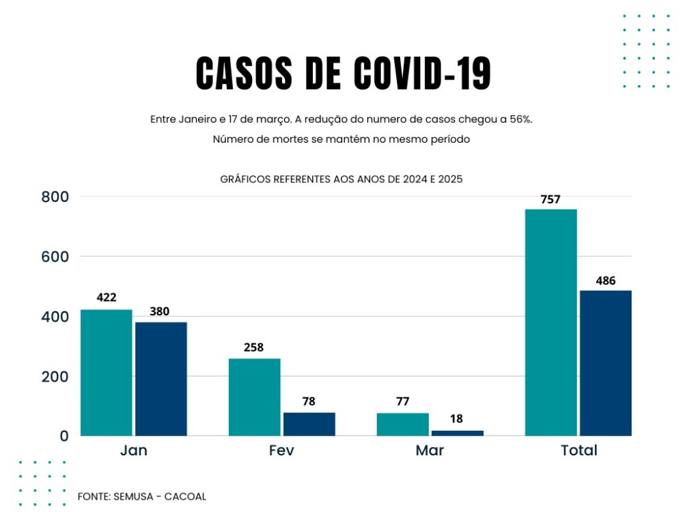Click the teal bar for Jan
tap(107, 372)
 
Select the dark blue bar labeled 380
tap(161, 379)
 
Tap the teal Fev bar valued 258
tap(254, 397)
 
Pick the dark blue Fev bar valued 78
tap(309, 424)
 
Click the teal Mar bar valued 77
tap(402, 424)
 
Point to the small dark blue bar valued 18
tap(457, 433)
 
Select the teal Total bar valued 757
tap(550, 322)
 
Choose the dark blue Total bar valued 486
tap(605, 363)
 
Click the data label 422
tap(107, 298)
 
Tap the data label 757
tap(550, 200)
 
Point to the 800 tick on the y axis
tap(55, 197)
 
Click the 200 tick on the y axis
tap(55, 377)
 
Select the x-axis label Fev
tap(282, 451)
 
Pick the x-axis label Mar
tap(430, 451)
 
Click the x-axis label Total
tap(579, 451)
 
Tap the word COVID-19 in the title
tap(422, 74)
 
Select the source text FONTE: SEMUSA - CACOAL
tap(142, 496)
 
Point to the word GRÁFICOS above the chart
tap(245, 180)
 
